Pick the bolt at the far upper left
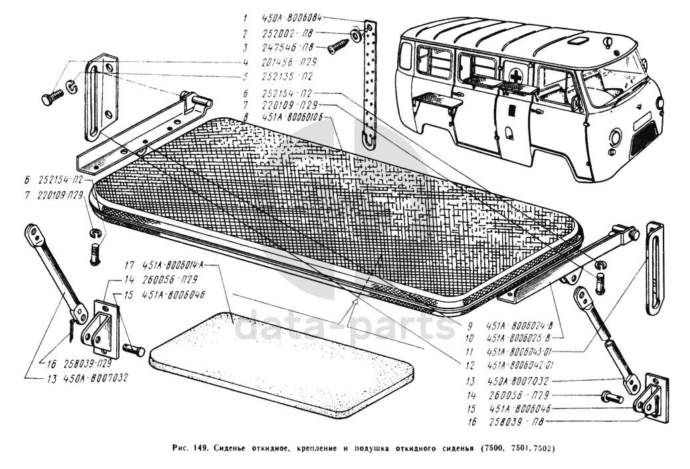click(50, 99)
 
